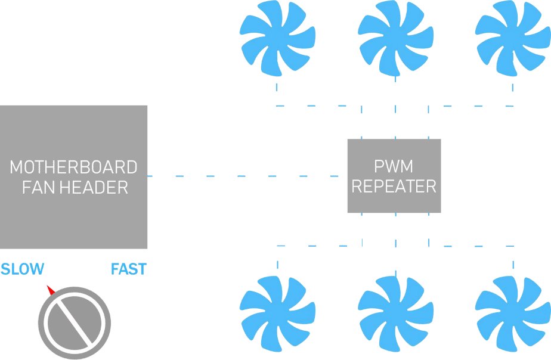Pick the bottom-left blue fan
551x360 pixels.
(x=277, y=314)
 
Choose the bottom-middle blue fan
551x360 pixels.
(x=395, y=314)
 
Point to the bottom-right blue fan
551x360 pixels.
(x=513, y=314)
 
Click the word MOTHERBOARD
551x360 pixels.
(x=73, y=167)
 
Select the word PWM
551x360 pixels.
(x=394, y=165)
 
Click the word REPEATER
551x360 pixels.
(x=394, y=187)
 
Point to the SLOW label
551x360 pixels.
(x=22, y=269)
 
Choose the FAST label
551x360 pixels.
(x=128, y=269)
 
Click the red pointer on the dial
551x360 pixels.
(x=51, y=290)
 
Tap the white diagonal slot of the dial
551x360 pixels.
(x=74, y=322)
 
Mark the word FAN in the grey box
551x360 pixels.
(x=36, y=188)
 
